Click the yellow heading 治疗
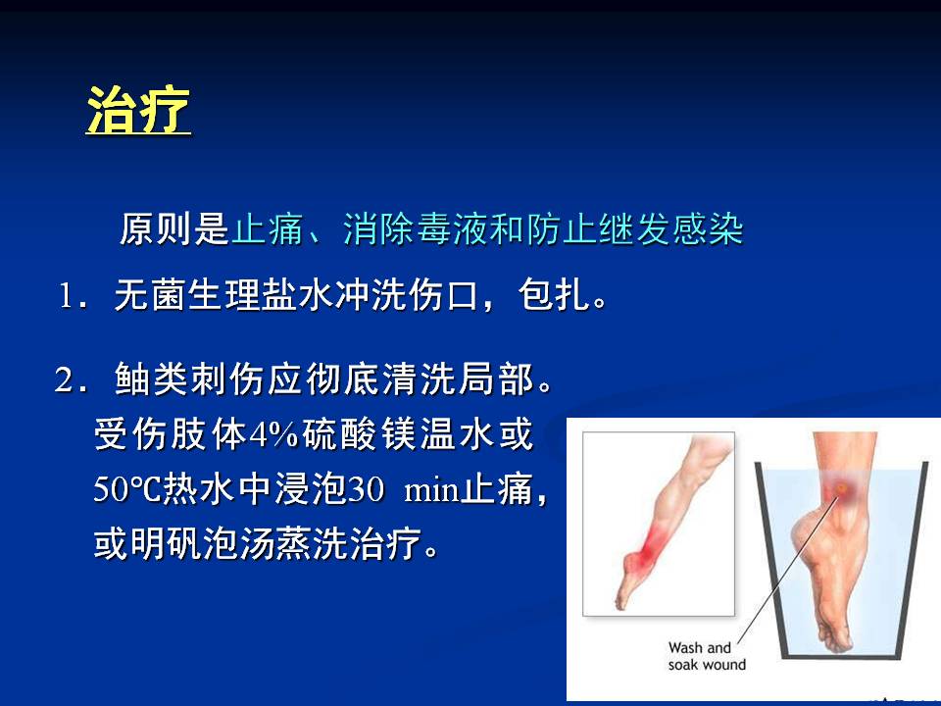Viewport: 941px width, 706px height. click(x=138, y=110)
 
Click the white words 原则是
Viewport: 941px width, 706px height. click(x=174, y=228)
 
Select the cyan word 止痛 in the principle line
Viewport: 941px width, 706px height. click(x=267, y=228)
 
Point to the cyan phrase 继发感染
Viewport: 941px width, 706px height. click(x=670, y=228)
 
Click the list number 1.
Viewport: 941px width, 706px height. click(x=66, y=296)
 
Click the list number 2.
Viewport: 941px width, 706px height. click(x=64, y=379)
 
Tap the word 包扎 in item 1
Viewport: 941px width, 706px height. click(x=554, y=295)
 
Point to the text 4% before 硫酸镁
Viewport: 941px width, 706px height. click(x=273, y=434)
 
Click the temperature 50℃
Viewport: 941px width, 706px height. click(x=127, y=488)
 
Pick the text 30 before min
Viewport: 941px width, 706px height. click(x=366, y=488)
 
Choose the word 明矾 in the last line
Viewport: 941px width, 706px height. click(x=167, y=544)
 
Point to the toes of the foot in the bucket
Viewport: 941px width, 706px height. click(x=837, y=640)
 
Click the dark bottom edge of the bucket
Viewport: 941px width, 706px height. click(x=842, y=656)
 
